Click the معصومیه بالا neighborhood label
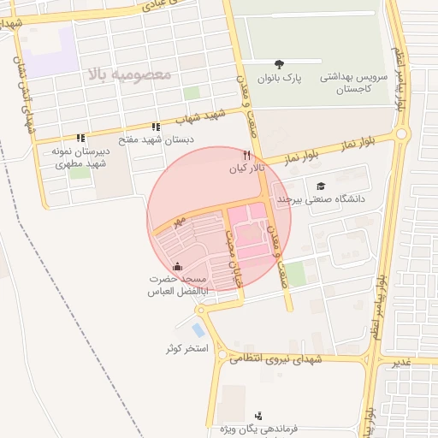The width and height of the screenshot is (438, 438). (x=129, y=74)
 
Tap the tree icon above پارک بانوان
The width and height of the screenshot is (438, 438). (x=279, y=63)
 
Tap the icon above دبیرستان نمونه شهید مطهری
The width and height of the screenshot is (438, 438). (x=80, y=137)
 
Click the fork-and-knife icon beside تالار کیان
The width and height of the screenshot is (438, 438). (x=246, y=156)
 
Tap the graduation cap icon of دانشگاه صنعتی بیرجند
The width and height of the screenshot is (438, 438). (x=321, y=186)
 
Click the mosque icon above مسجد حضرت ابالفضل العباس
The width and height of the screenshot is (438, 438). (x=177, y=267)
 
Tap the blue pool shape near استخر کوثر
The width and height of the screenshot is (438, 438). (x=198, y=329)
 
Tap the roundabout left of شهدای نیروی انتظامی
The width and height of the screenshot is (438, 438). (x=222, y=355)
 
